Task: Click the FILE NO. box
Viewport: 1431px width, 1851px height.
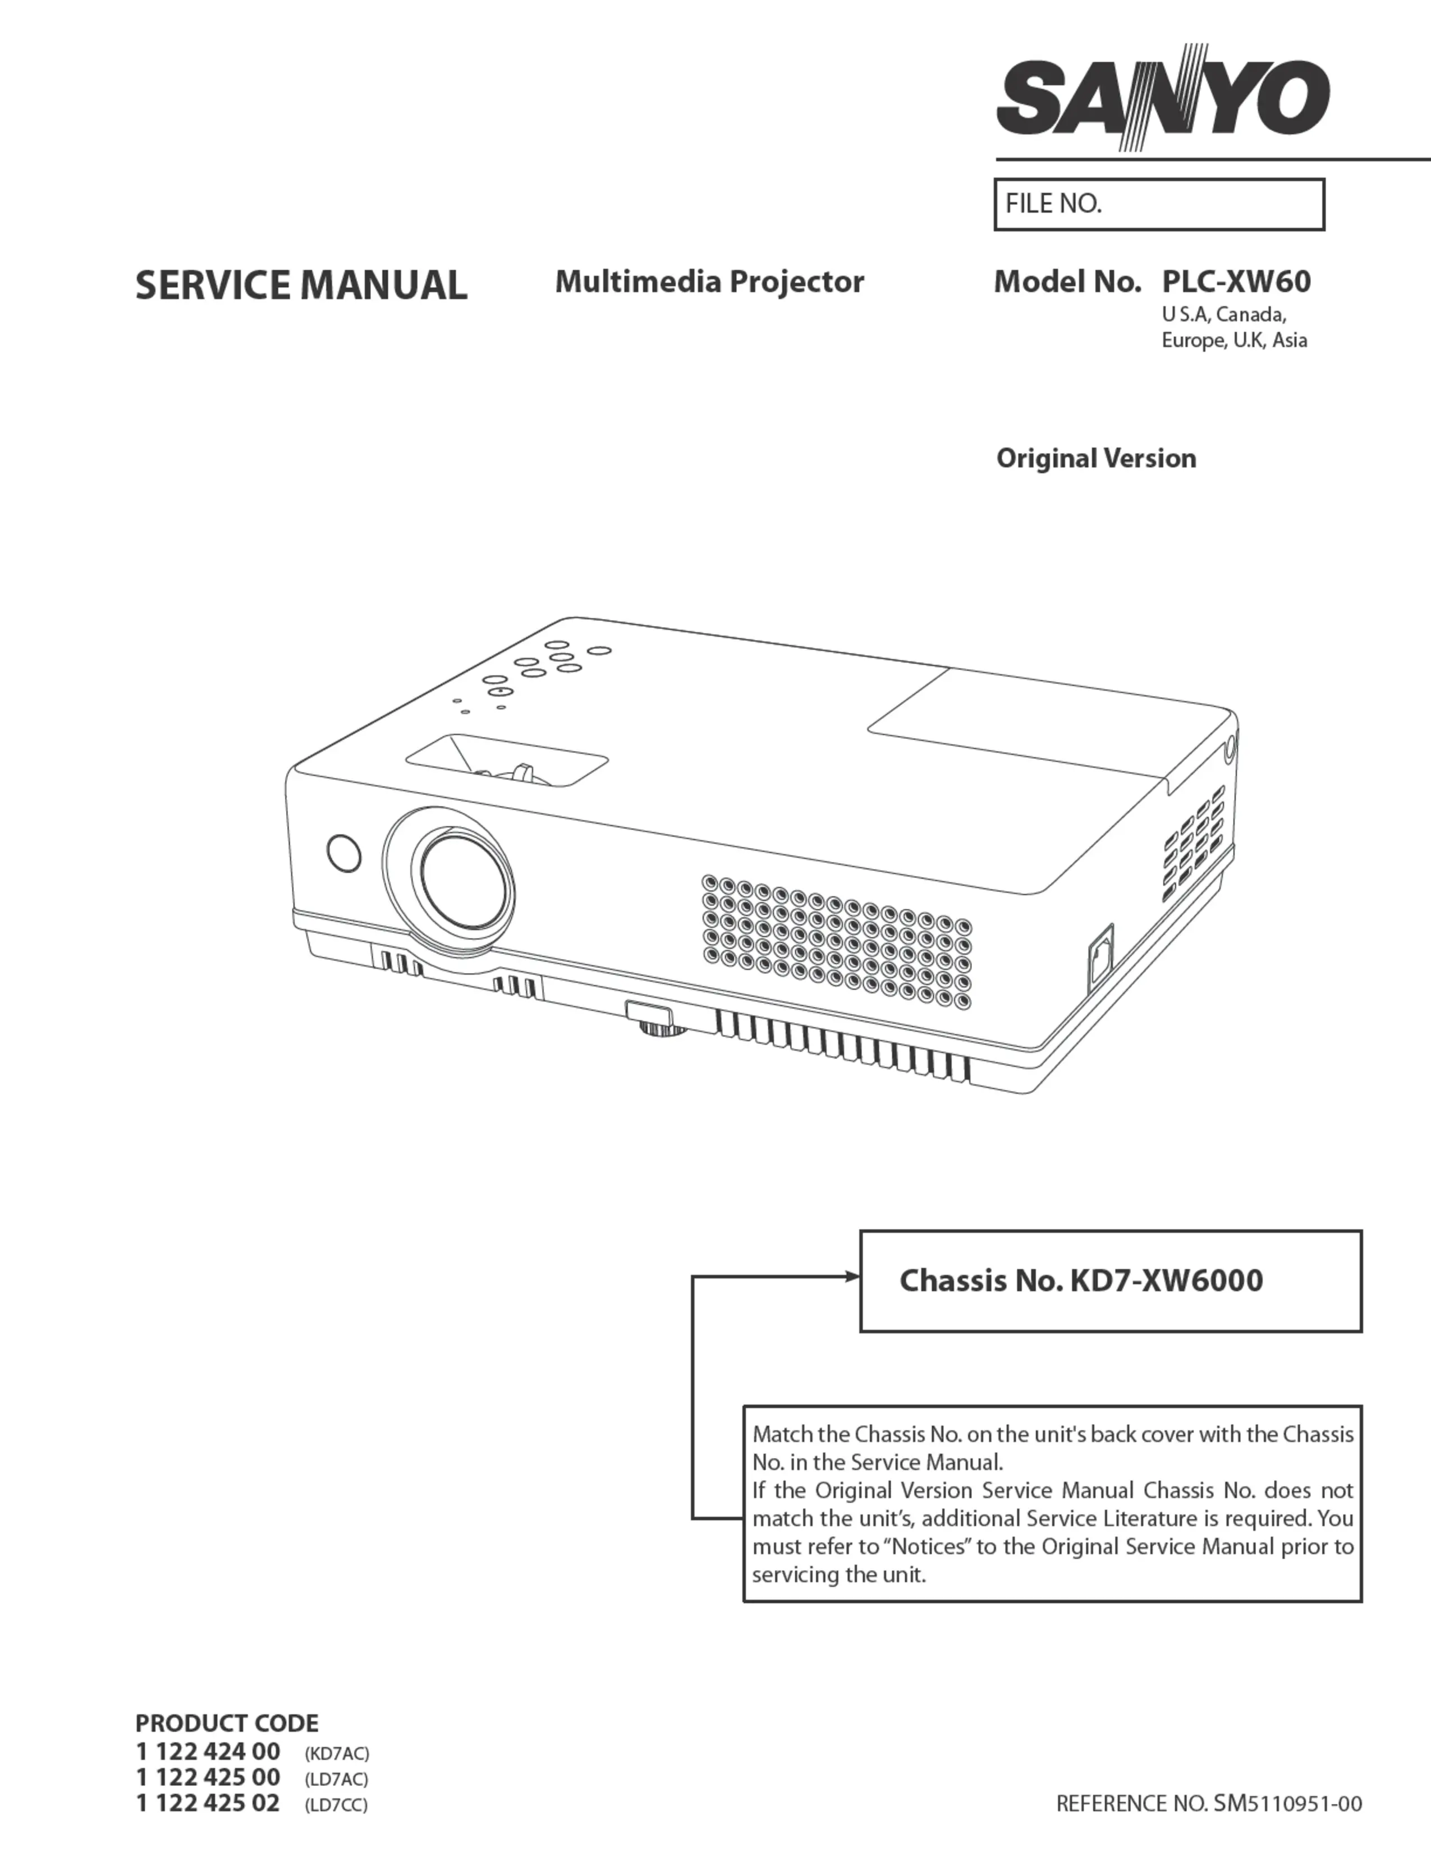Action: click(x=1159, y=204)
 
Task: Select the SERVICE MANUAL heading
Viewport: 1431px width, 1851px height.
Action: click(x=301, y=285)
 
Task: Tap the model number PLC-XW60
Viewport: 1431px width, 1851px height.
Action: click(x=1236, y=282)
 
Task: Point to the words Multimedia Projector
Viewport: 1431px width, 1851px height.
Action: click(x=709, y=282)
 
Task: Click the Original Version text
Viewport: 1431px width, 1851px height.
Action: click(x=1096, y=458)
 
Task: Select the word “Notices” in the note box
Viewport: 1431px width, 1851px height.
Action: click(x=927, y=1547)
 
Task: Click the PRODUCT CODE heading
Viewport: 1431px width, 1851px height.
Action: click(x=227, y=1723)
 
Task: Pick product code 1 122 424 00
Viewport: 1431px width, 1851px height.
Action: click(x=208, y=1751)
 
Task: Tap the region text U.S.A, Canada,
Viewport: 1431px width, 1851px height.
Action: click(x=1224, y=315)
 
